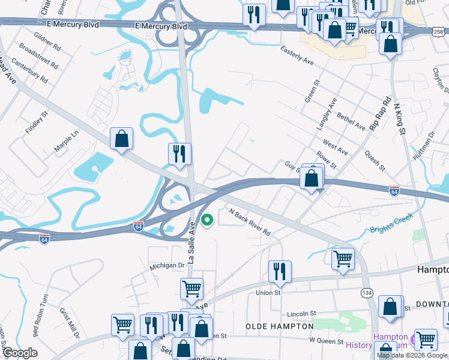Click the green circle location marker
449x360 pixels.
pos(207,221)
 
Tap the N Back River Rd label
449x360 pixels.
pos(250,222)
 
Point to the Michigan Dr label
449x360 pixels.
pos(167,265)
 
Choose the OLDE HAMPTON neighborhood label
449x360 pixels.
pos(279,326)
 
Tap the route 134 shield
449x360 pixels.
pos(366,292)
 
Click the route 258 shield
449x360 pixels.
pos(440,30)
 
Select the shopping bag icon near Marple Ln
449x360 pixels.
pos(121,139)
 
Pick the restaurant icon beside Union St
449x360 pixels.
pos(280,271)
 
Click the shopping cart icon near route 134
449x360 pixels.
pos(343,259)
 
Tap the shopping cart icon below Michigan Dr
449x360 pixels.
pos(191,289)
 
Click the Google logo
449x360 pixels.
pos(20,353)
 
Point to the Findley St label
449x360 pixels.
pos(36,122)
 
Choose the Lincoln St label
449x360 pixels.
pos(301,313)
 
